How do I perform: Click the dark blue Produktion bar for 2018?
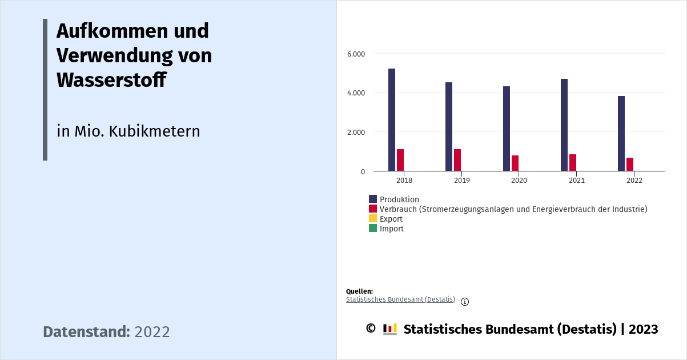point(392,119)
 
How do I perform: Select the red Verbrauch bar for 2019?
point(457,160)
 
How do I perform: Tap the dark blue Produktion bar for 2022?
point(621,133)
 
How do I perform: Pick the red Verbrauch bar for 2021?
point(573,162)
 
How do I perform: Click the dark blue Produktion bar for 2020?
point(507,129)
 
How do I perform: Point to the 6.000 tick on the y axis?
point(356,54)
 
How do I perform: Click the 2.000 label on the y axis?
point(356,132)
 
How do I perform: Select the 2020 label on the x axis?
point(519,181)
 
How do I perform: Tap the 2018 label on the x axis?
point(404,181)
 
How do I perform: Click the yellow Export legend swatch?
point(373,219)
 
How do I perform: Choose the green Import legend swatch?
point(373,229)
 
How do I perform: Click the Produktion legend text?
point(399,199)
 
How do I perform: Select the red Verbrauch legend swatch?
point(373,209)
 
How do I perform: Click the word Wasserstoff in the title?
point(111,80)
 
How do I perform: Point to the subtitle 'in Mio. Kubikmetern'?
point(128,131)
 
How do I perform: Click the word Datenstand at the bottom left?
point(86,332)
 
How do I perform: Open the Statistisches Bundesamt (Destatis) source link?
point(400,299)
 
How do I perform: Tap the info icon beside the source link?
point(465,302)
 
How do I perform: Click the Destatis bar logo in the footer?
point(390,329)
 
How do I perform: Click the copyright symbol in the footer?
point(371,329)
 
